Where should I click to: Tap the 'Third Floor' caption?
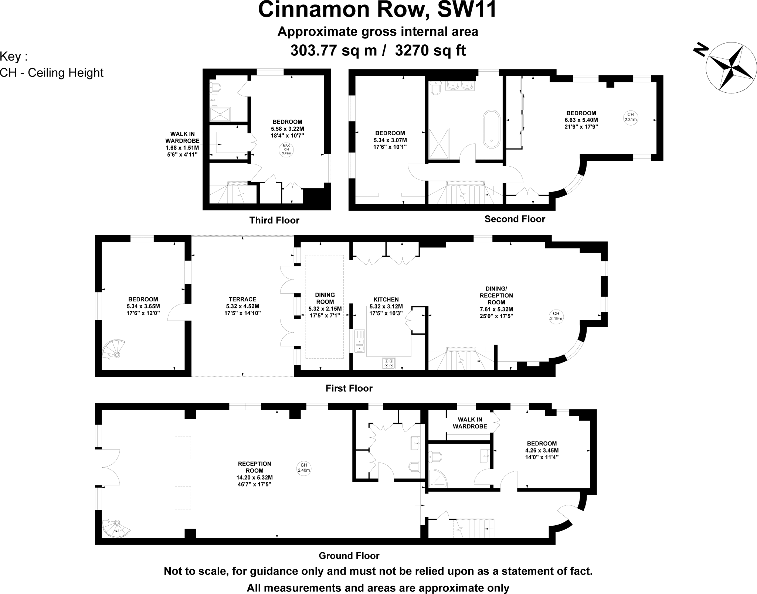pyautogui.click(x=274, y=221)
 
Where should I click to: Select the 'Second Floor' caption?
pyautogui.click(x=515, y=219)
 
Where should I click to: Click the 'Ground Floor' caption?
pyautogui.click(x=349, y=556)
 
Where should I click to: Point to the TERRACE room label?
pyautogui.click(x=242, y=299)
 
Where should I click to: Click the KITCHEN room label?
pyautogui.click(x=386, y=300)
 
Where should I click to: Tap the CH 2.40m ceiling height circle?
pyautogui.click(x=304, y=468)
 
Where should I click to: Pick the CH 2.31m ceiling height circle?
pyautogui.click(x=631, y=117)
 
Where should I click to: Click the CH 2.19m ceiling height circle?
pyautogui.click(x=556, y=316)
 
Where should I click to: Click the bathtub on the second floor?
pyautogui.click(x=492, y=129)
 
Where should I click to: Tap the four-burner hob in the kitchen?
pyautogui.click(x=389, y=363)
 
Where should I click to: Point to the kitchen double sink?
pyautogui.click(x=359, y=341)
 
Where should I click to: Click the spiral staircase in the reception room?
pyautogui.click(x=116, y=529)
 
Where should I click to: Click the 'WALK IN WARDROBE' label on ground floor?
pyautogui.click(x=470, y=423)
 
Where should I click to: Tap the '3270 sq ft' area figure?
pyautogui.click(x=430, y=50)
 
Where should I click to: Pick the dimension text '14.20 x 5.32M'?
pyautogui.click(x=255, y=478)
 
